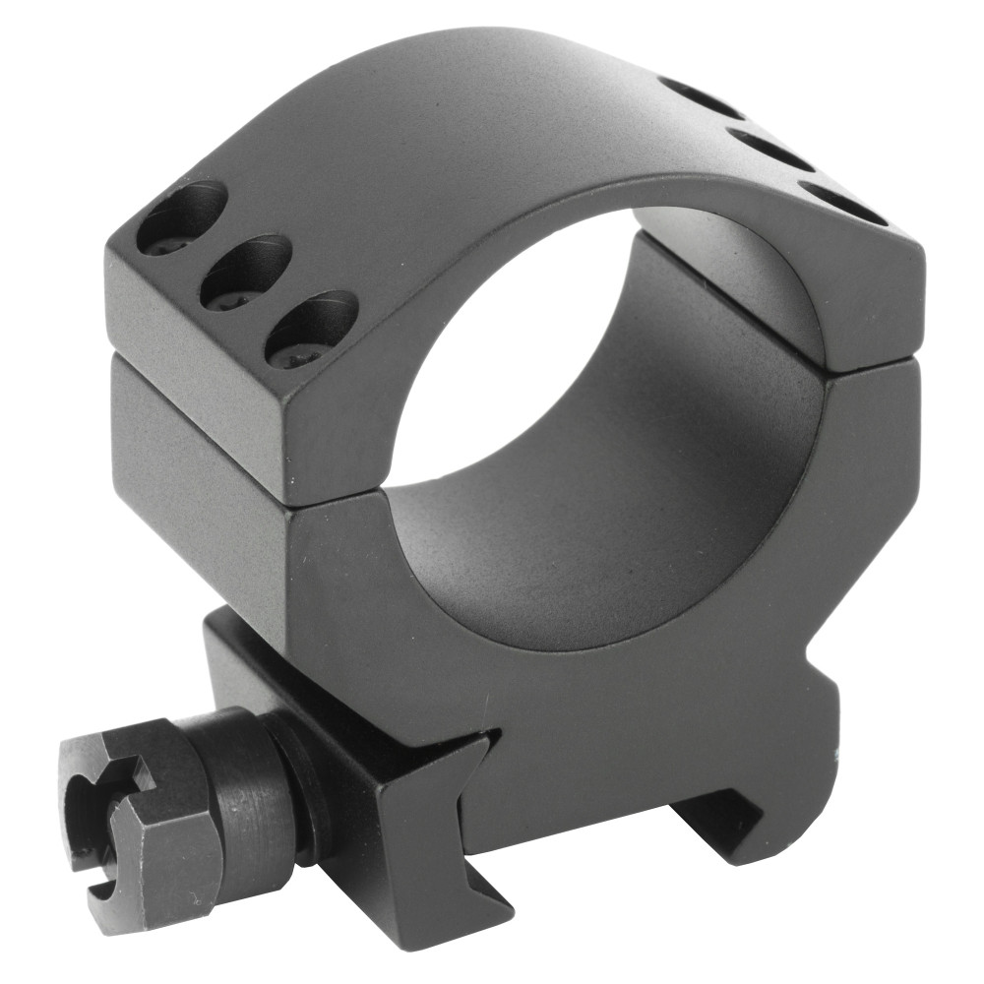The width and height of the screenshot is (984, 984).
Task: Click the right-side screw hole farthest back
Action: (701, 98)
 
